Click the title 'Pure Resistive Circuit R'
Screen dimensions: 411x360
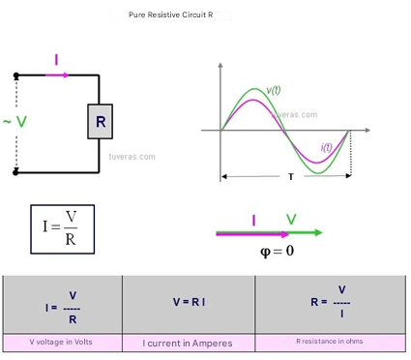(x=170, y=15)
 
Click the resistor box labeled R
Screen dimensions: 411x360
(x=100, y=122)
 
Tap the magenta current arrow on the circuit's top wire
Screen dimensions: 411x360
(x=57, y=75)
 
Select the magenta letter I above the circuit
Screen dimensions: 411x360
(x=57, y=60)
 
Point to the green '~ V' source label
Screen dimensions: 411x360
(x=15, y=122)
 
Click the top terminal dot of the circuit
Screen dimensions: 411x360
(x=16, y=75)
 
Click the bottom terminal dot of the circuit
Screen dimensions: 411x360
(x=15, y=172)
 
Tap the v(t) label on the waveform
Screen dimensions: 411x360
(x=274, y=90)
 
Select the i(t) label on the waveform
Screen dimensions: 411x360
(x=326, y=147)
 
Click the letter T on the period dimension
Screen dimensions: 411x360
(x=291, y=177)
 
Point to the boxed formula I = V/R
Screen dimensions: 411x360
(x=63, y=229)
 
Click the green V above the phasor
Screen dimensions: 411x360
(x=291, y=220)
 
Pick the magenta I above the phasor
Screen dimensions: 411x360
(x=254, y=221)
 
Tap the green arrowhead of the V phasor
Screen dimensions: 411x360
(x=318, y=232)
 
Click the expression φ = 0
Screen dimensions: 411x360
(x=278, y=251)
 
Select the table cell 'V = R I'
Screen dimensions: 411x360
(x=189, y=305)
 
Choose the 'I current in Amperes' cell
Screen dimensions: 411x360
(x=189, y=344)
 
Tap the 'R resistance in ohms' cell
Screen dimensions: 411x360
(x=330, y=343)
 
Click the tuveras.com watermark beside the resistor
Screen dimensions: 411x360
(x=132, y=157)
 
